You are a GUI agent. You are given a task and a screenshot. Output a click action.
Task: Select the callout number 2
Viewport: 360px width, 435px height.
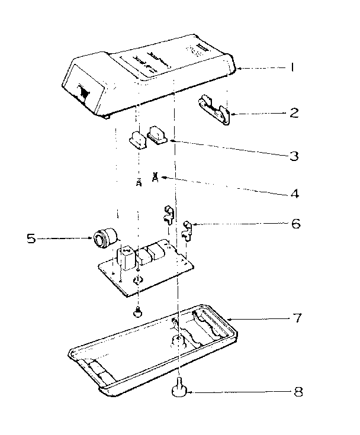[294, 112]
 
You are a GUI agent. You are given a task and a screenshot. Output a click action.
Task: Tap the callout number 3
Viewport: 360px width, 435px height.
[293, 157]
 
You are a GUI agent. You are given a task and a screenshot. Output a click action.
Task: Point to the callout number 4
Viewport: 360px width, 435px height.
[294, 192]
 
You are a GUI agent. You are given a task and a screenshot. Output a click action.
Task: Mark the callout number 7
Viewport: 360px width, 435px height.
[297, 318]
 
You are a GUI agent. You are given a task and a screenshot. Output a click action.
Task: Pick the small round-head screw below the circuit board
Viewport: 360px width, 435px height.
[138, 311]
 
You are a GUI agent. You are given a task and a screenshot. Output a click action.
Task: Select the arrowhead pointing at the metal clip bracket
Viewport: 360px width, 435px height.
[233, 112]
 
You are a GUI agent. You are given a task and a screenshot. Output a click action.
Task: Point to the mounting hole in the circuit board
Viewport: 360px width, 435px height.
[137, 280]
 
